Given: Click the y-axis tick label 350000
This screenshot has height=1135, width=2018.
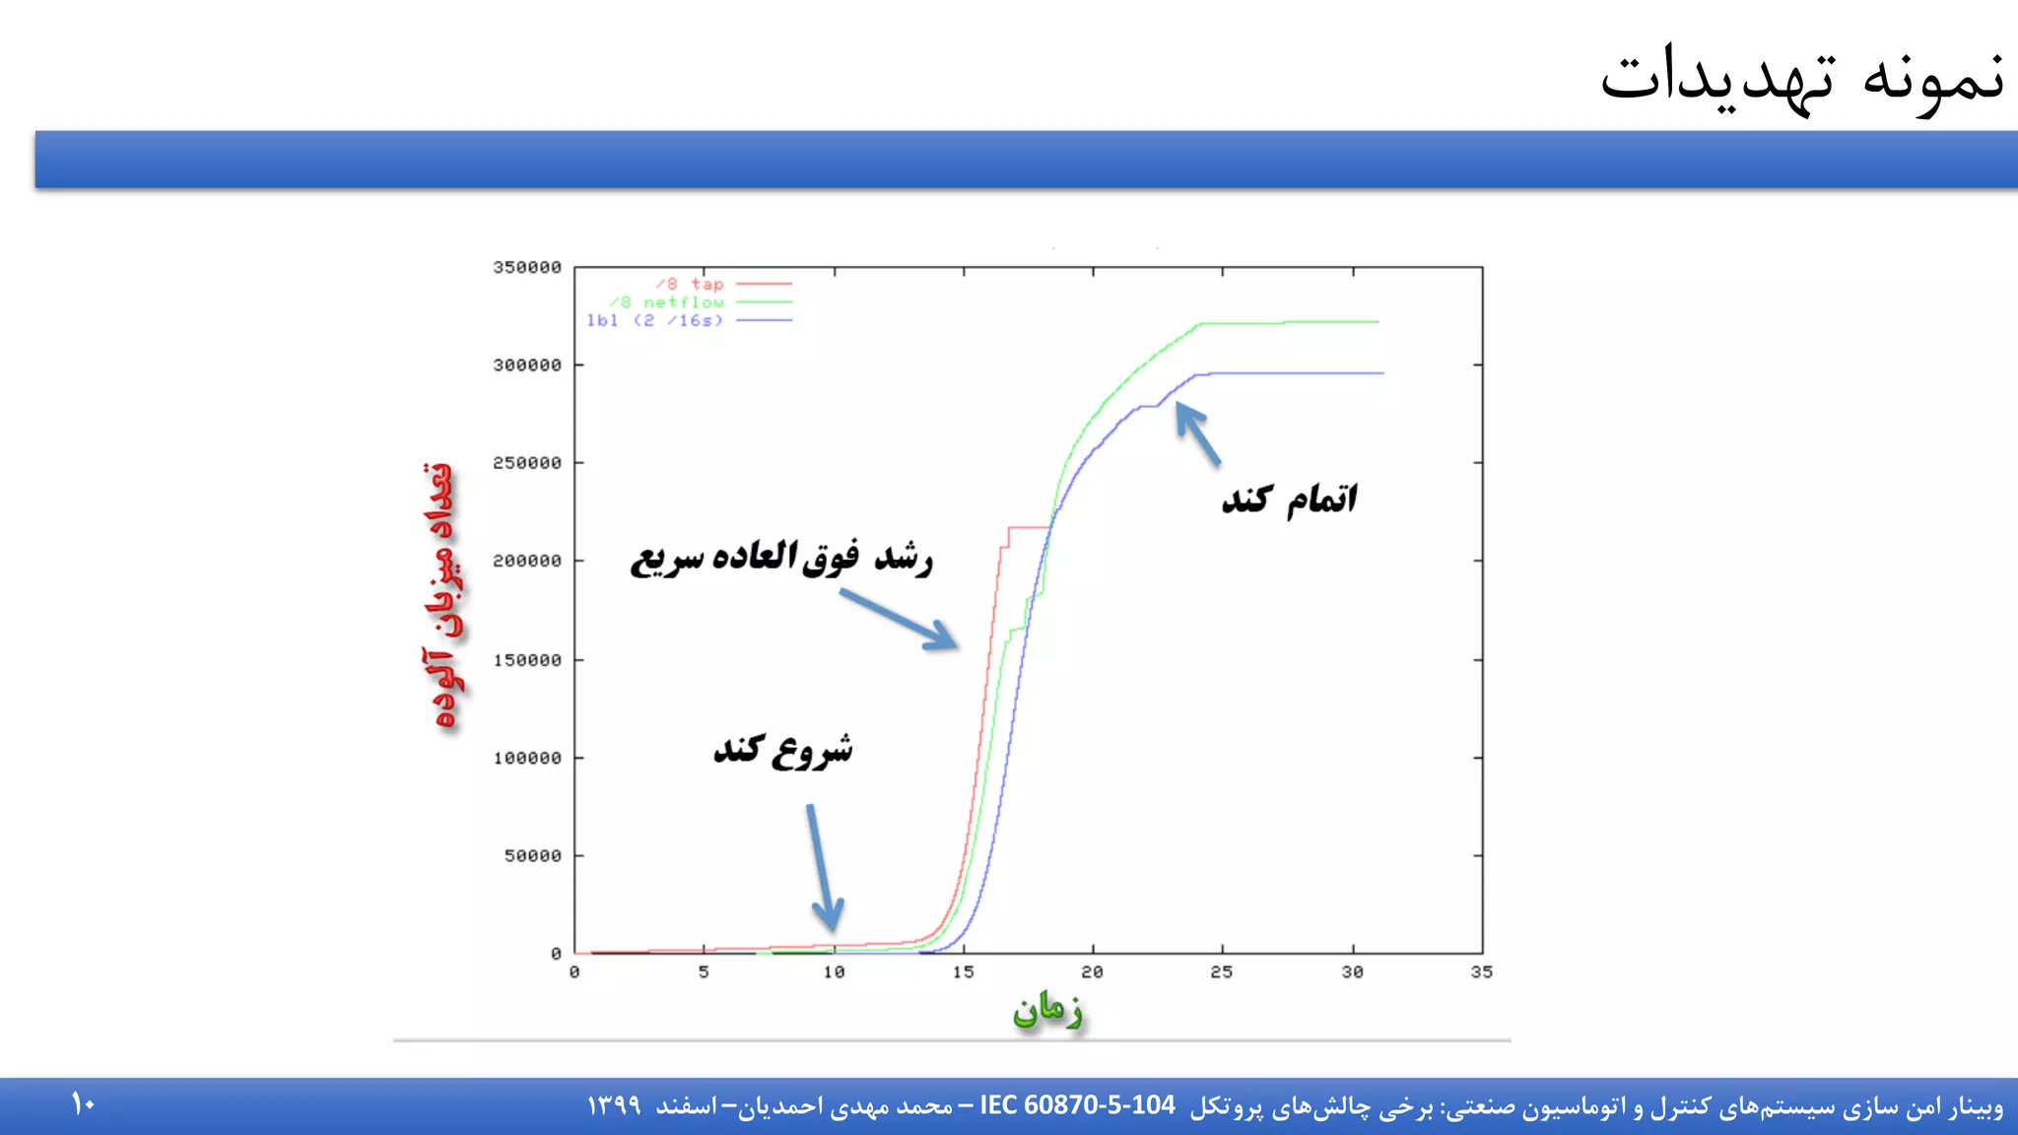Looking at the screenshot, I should [x=527, y=268].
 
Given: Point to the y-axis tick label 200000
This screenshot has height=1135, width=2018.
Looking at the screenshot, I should [x=527, y=562].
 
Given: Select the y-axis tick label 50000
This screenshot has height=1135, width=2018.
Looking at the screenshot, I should [x=533, y=856].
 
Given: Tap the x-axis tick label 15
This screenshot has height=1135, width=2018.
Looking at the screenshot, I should [x=963, y=972].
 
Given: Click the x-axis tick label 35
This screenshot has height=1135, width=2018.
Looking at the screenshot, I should [x=1481, y=972].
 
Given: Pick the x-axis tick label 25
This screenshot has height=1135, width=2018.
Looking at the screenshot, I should [x=1222, y=972].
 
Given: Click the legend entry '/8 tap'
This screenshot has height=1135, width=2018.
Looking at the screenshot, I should [x=690, y=284].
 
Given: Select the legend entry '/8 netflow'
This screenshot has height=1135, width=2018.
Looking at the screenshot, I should [x=666, y=302].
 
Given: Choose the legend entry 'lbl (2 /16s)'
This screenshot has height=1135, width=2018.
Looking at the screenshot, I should [x=655, y=321].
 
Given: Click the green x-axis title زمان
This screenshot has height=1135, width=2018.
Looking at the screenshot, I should [x=1047, y=1011].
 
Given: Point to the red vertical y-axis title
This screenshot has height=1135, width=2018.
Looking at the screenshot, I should [x=440, y=596].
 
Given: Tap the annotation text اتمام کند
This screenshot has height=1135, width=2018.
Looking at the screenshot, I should [x=1290, y=500].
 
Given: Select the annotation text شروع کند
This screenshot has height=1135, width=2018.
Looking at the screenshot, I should [x=783, y=751].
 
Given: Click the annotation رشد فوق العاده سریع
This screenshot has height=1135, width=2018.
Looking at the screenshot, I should [x=781, y=558].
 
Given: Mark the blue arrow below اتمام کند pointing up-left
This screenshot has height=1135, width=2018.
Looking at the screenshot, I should [x=1197, y=434].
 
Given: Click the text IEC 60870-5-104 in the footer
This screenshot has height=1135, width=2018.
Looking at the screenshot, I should [x=1077, y=1105].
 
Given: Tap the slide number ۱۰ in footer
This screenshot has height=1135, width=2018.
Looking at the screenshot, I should [x=83, y=1104].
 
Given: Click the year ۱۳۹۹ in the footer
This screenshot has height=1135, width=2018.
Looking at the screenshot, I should [x=614, y=1106].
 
